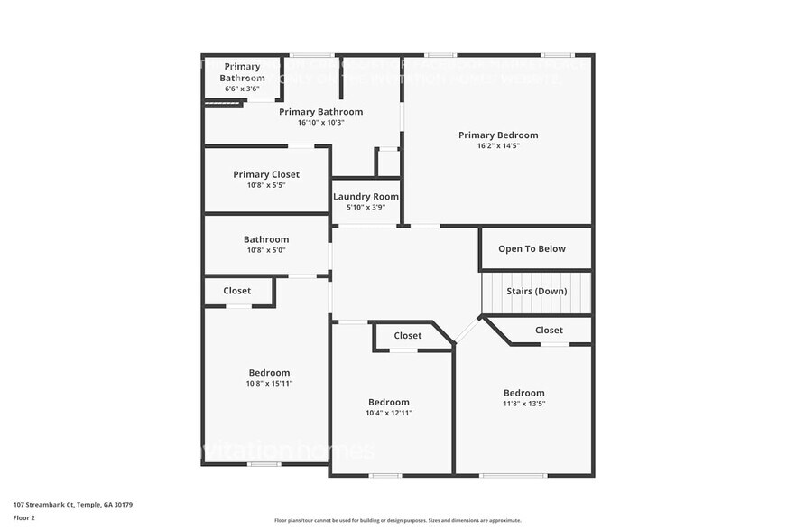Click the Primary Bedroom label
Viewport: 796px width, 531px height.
(x=498, y=135)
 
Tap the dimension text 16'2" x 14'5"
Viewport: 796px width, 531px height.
(x=498, y=145)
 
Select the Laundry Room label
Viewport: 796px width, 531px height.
(x=366, y=197)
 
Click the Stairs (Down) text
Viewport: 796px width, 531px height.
(x=536, y=292)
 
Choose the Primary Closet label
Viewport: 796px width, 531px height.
(x=266, y=174)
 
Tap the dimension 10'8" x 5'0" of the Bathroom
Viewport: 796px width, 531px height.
(x=266, y=250)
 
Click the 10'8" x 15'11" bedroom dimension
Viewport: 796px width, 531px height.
(x=270, y=384)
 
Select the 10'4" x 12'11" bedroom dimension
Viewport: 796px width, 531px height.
(x=389, y=413)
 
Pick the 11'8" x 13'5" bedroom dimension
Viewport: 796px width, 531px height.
(x=524, y=404)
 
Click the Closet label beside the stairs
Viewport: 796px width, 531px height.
(x=549, y=331)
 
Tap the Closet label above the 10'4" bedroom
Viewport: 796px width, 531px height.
(x=408, y=336)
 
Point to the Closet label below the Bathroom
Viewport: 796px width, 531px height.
(x=237, y=291)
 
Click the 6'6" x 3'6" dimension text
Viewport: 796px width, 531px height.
(x=242, y=89)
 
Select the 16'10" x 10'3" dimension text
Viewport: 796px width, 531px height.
(x=320, y=123)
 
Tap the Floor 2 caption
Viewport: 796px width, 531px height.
(x=25, y=518)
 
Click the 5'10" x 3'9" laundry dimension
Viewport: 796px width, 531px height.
(x=366, y=208)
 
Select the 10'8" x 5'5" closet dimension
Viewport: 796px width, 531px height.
(x=266, y=185)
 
